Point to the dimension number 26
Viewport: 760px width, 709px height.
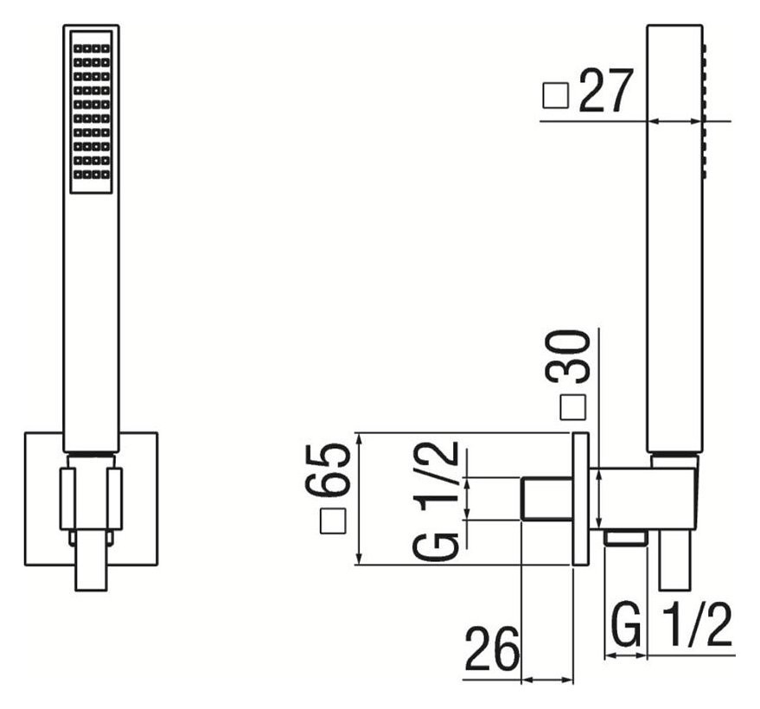click(493, 648)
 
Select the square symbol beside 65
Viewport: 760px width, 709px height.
click(333, 521)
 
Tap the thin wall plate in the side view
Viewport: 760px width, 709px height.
click(581, 499)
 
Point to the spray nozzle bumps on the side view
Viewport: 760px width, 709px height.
click(705, 112)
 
